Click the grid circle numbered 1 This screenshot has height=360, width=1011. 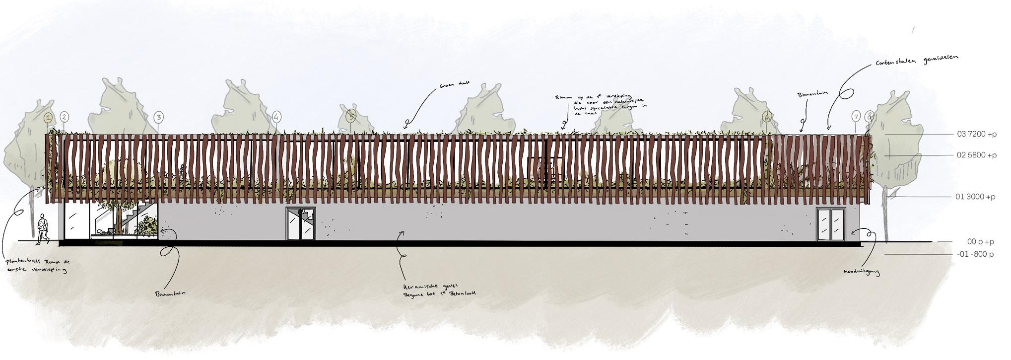48,118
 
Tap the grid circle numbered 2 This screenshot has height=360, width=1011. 65,117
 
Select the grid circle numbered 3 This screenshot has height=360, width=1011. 158,118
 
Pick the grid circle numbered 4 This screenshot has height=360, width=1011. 276,118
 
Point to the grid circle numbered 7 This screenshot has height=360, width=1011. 856,117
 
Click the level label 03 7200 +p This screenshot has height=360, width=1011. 976,134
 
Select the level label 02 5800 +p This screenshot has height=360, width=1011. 976,155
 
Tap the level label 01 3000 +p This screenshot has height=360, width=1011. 975,197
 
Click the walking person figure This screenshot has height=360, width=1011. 42,229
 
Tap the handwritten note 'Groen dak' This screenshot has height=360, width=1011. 451,86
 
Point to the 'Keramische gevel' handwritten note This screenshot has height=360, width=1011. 440,290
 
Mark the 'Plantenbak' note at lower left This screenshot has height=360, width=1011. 35,266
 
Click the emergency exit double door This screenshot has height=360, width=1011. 830,224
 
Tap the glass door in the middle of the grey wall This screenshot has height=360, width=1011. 300,224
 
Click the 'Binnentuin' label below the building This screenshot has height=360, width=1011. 170,293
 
